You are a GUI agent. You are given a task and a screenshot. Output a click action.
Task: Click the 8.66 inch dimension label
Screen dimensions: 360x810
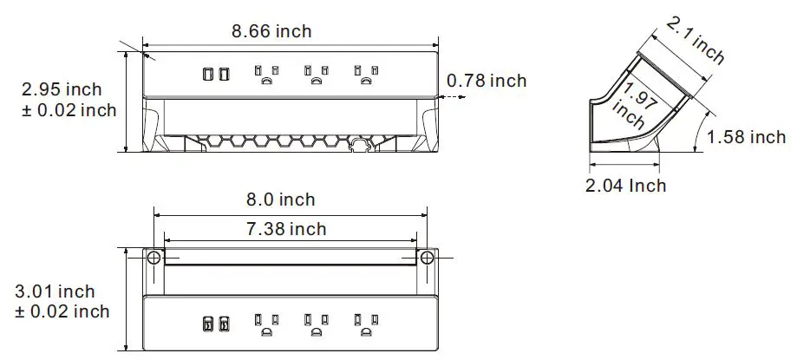point(271,31)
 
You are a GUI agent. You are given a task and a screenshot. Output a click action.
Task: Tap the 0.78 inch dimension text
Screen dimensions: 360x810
point(487,81)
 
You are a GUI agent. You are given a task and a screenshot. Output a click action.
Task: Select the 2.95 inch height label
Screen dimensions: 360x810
point(62,89)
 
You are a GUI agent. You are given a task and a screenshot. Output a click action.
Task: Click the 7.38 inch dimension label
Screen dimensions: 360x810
point(286,229)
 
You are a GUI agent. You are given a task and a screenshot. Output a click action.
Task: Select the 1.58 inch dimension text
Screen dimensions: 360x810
point(746,137)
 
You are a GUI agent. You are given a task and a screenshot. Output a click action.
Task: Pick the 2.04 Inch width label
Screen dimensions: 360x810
point(626,186)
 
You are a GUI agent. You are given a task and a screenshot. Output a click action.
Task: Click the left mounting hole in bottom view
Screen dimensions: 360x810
point(153,258)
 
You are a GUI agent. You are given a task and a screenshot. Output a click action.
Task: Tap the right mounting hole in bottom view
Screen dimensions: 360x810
point(428,258)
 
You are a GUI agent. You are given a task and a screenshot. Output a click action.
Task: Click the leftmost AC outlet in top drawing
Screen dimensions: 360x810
point(266,75)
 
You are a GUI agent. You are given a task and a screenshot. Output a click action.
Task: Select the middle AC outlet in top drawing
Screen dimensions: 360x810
point(316,75)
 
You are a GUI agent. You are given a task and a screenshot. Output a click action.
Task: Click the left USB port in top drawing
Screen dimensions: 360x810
point(208,75)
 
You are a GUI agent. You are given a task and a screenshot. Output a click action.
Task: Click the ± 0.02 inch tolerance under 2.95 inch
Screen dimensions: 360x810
point(69,110)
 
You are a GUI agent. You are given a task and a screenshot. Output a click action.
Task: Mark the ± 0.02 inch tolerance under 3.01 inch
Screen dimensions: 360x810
point(62,311)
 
